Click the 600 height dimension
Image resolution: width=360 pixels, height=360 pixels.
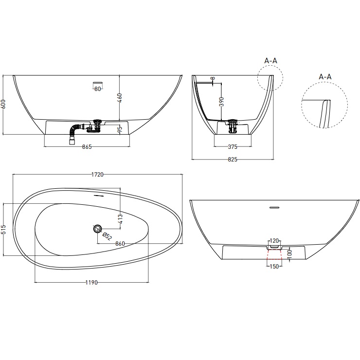[x=4, y=105]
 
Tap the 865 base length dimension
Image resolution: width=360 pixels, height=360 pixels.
[x=87, y=147]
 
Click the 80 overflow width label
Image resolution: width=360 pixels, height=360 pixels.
[x=98, y=89]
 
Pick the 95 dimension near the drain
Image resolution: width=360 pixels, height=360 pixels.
[x=119, y=129]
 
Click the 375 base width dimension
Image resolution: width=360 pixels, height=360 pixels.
[x=234, y=147]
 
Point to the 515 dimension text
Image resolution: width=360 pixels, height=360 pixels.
[x=4, y=229]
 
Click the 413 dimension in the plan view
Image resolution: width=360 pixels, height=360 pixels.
[x=119, y=219]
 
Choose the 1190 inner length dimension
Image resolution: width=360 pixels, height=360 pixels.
[x=92, y=283]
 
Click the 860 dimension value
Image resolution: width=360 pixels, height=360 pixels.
[x=121, y=243]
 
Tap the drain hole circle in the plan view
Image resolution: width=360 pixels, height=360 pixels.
[x=97, y=229]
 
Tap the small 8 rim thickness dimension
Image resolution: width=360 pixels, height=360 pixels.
[x=213, y=78]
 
